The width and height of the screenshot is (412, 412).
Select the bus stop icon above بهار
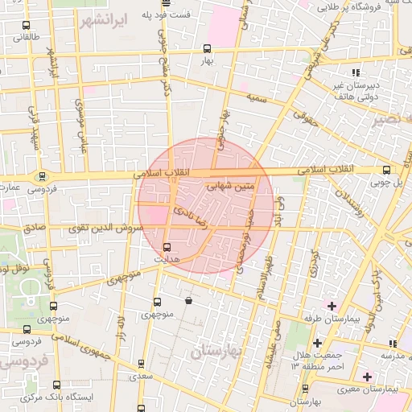(208, 47)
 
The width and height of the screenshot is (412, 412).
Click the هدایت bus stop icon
(167, 247)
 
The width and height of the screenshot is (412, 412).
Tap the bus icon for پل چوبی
(387, 170)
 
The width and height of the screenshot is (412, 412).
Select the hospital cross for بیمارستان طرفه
(330, 306)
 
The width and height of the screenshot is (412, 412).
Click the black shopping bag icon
(188, 301)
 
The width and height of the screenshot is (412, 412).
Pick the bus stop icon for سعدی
(142, 364)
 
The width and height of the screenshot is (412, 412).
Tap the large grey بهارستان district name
(218, 352)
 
